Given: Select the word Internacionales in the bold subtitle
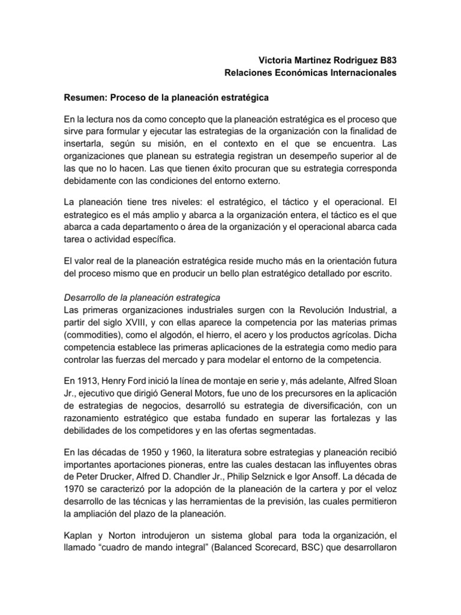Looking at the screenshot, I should tap(359, 73).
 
